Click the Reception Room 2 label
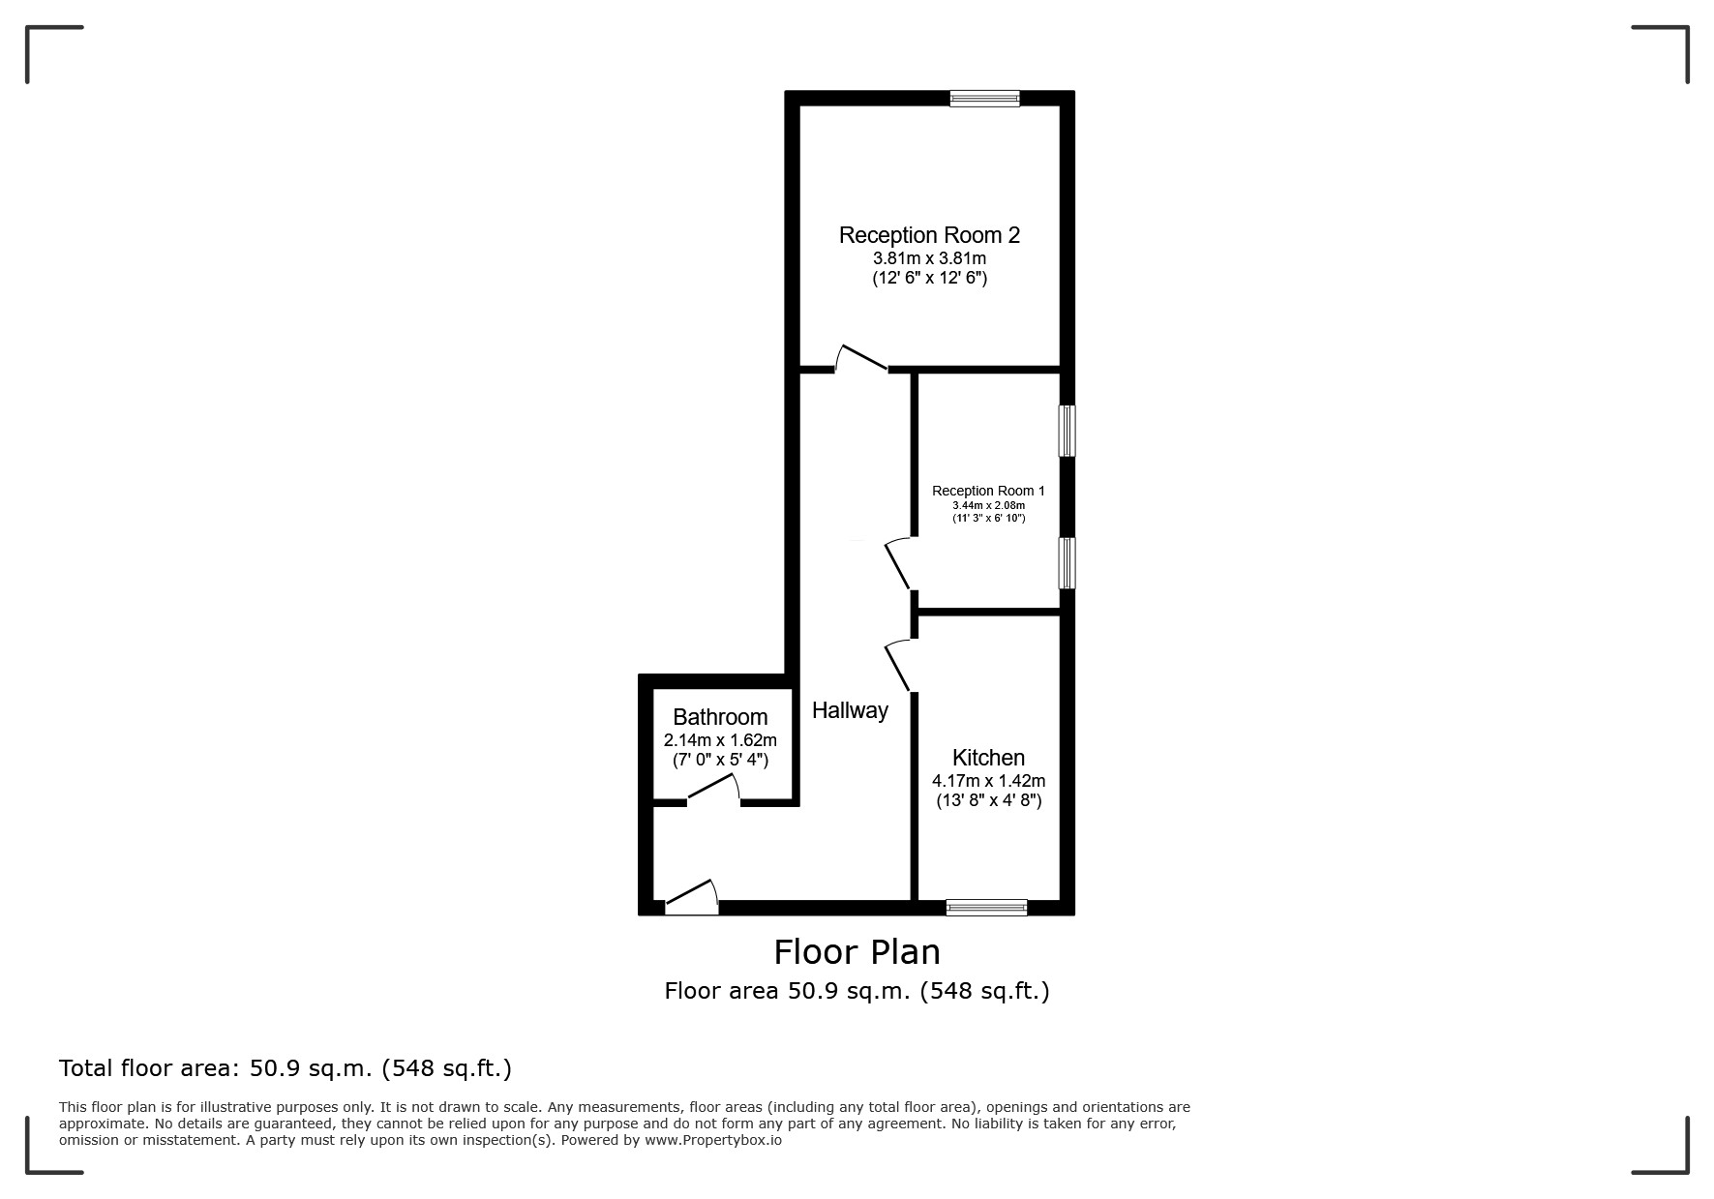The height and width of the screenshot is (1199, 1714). click(x=929, y=235)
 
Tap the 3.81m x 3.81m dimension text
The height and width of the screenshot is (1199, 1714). click(x=929, y=259)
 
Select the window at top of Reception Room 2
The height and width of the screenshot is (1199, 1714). click(x=984, y=98)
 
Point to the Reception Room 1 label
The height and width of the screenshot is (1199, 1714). click(x=988, y=491)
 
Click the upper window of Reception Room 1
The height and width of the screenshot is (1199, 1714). click(x=1067, y=431)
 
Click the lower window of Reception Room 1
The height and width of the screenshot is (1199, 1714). click(x=1067, y=563)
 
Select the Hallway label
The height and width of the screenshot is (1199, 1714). click(x=850, y=710)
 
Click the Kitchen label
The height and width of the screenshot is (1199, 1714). click(x=988, y=758)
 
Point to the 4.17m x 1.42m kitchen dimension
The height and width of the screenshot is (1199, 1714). click(x=988, y=781)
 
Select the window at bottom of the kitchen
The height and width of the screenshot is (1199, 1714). click(x=986, y=907)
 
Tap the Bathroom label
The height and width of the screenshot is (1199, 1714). click(x=720, y=717)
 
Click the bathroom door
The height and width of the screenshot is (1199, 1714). click(x=713, y=790)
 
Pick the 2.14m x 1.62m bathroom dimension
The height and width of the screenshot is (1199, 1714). click(x=720, y=740)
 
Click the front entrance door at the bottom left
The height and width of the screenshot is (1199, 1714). click(x=691, y=897)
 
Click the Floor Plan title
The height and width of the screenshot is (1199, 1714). click(x=857, y=952)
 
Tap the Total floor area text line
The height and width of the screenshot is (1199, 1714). click(x=285, y=1068)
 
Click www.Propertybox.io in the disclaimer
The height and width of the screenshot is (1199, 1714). click(x=712, y=1140)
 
